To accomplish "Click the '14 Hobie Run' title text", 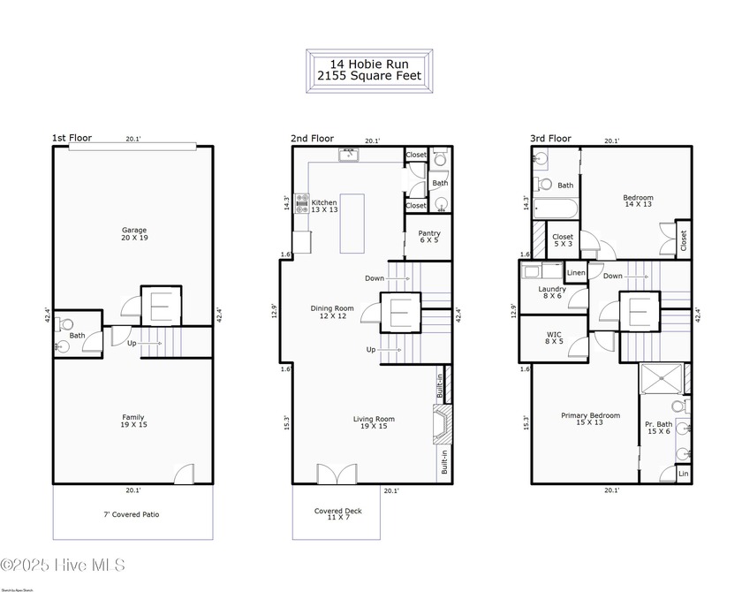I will pos(370,64).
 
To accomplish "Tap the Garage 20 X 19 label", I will pos(134,233).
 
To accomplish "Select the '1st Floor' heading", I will pos(71,138).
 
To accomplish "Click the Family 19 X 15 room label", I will pos(133,421).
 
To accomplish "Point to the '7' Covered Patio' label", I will pos(132,514).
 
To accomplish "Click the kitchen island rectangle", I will pos(352,224).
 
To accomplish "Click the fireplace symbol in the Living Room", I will pos(441,424).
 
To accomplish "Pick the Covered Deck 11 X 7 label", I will pos(337,515).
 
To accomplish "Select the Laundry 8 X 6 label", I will pos(553,292).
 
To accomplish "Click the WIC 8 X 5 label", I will pos(553,337).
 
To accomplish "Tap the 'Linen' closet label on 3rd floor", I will pos(576,273).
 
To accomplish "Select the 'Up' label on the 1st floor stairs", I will pos(132,343).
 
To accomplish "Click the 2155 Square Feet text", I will pos(370,76).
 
